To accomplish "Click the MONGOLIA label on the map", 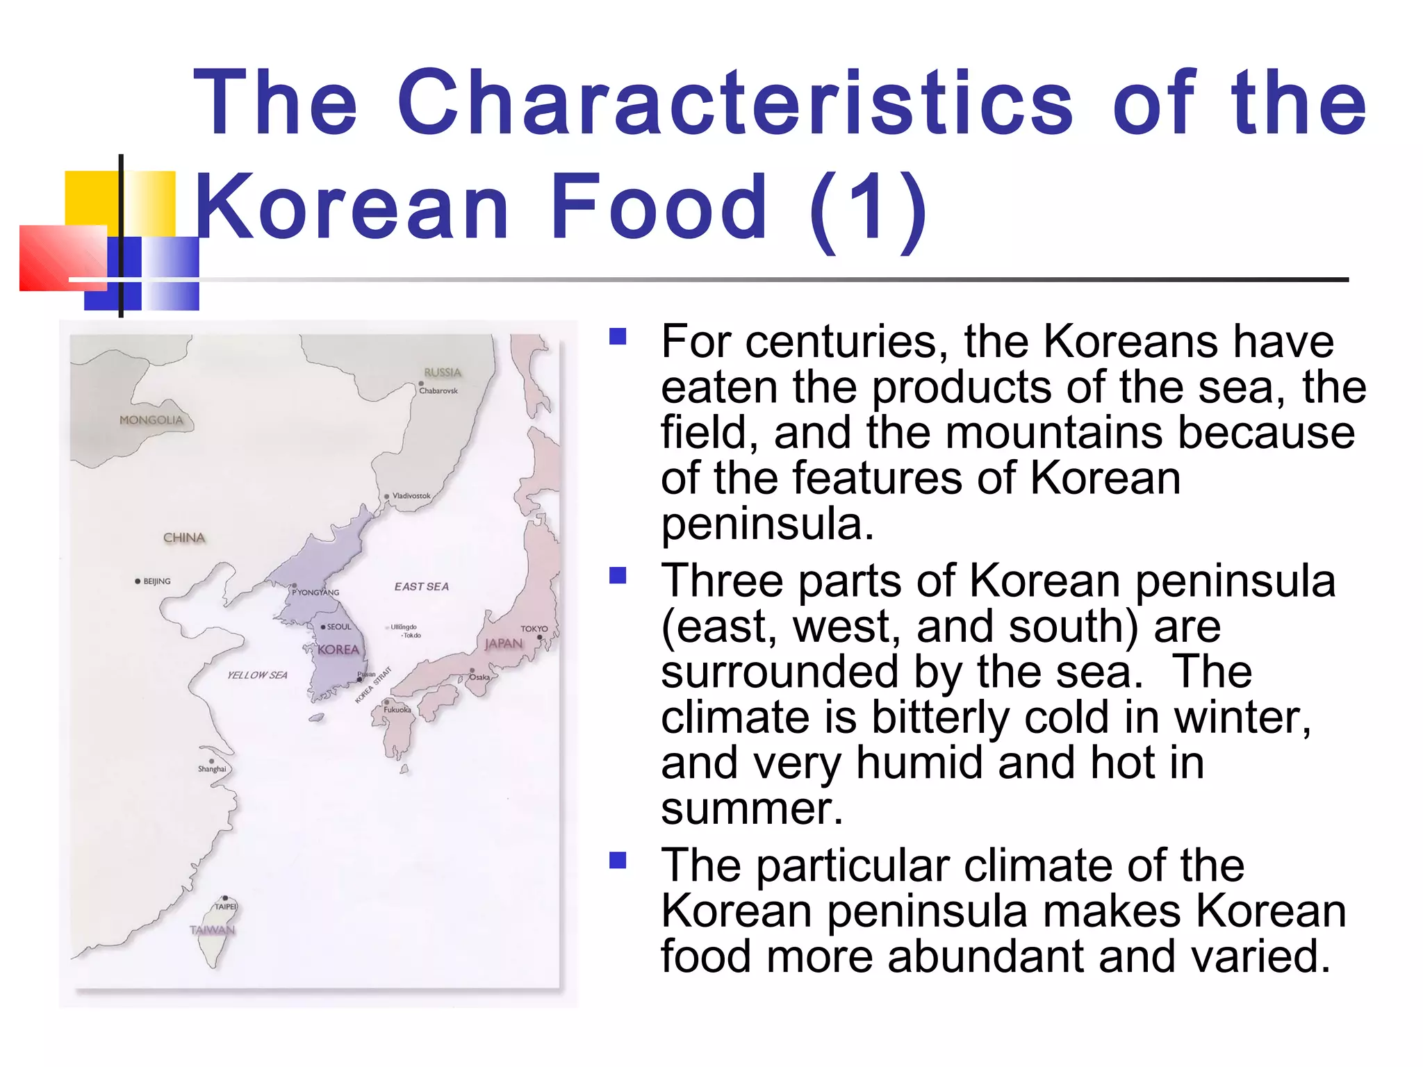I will point(151,420).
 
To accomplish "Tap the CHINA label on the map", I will point(184,538).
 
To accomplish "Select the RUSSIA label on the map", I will point(443,372).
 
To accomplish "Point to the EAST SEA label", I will point(422,587).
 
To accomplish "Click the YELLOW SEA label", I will point(257,675).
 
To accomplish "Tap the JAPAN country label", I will point(504,644).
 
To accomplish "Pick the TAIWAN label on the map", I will point(213,930).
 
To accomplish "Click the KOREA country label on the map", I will point(338,650).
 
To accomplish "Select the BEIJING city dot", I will point(138,581).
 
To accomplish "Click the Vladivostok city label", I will point(411,496).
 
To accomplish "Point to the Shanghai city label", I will point(212,769).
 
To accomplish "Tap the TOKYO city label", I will point(534,629).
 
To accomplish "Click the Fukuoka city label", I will point(397,710).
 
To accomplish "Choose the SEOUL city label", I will point(339,627).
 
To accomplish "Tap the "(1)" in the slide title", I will point(868,208).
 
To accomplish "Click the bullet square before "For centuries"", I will point(618,337).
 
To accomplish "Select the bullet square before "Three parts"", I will point(618,576).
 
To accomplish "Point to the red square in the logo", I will point(63,258).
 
